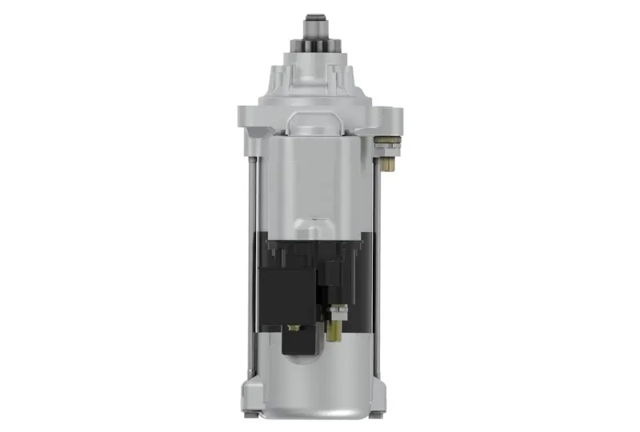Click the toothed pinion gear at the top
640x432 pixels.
click(x=318, y=39)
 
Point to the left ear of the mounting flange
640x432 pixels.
click(x=248, y=119)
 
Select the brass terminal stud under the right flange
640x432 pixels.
click(x=386, y=163)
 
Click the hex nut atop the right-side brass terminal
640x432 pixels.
click(x=387, y=144)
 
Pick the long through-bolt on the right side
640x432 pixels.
click(x=377, y=264)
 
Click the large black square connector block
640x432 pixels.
click(x=286, y=295)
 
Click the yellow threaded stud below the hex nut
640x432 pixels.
click(x=335, y=330)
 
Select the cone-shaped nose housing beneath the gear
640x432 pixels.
click(x=318, y=80)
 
